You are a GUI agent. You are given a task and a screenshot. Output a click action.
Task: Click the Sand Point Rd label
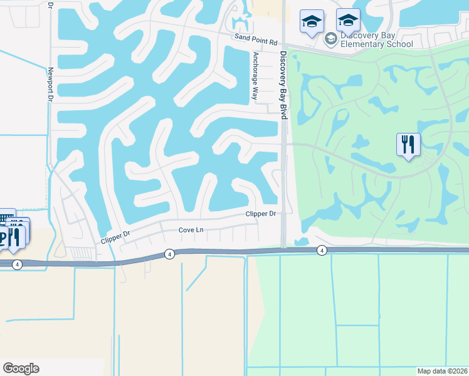(256, 38)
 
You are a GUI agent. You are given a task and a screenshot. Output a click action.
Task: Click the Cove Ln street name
(191, 230)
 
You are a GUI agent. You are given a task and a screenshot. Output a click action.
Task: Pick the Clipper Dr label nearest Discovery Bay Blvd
(260, 214)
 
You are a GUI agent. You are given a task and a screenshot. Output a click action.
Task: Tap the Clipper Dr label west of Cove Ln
(115, 238)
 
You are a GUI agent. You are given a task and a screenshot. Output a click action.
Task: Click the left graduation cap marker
(312, 22)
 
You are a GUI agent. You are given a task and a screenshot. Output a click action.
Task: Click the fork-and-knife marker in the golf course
(408, 145)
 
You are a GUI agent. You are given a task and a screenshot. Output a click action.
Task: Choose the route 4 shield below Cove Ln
(169, 254)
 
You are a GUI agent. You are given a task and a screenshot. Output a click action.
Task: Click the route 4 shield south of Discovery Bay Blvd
(322, 251)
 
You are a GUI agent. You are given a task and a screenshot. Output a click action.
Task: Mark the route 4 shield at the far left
(17, 264)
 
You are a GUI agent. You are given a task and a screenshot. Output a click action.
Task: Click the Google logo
(21, 368)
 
